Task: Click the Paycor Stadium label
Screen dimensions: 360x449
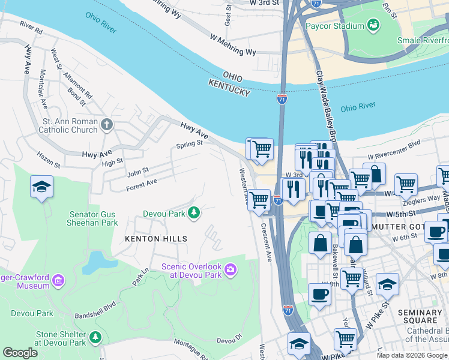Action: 334,26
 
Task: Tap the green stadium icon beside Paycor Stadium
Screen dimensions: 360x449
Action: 373,25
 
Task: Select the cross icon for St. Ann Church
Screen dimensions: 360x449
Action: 106,125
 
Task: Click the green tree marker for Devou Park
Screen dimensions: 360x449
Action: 193,213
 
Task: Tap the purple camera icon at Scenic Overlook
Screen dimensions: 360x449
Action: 231,271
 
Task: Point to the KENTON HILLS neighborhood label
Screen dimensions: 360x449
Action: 155,238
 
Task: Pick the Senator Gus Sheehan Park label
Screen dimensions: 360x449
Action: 93,218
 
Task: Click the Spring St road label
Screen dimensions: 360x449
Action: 189,145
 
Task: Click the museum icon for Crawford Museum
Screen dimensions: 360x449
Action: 58,280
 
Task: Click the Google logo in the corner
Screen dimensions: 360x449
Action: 19,353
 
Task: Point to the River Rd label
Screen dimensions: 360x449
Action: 31,27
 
